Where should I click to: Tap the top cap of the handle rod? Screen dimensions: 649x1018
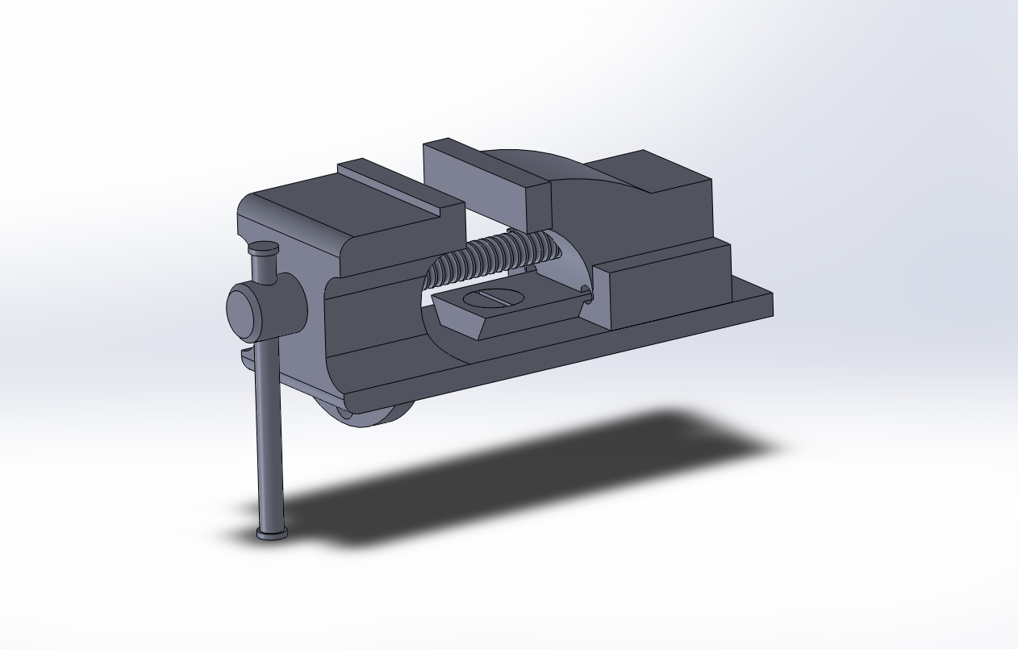pos(264,248)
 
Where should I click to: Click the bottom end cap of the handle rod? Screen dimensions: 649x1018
pos(272,532)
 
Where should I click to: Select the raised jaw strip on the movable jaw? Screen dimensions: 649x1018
pos(395,185)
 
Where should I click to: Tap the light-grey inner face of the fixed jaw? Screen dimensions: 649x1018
pos(476,181)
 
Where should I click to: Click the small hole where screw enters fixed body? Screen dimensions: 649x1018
pos(586,294)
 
